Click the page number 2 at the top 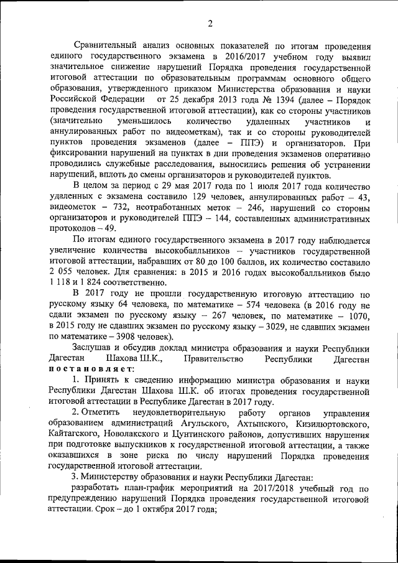point(210,24)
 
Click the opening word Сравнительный point(106,46)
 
